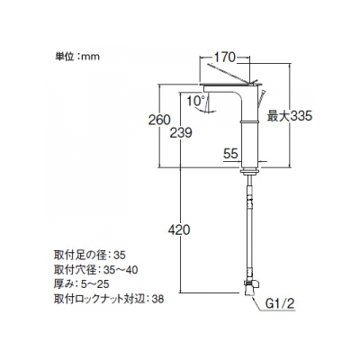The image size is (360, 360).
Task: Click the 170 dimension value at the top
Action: [x=225, y=57]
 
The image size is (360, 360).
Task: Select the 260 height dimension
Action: [x=159, y=120]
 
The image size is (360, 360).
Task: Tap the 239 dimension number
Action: [x=181, y=132]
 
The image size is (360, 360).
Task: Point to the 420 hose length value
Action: [x=179, y=230]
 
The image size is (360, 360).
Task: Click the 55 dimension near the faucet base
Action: [x=230, y=154]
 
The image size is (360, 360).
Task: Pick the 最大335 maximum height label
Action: [x=290, y=116]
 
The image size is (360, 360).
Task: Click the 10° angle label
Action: [x=195, y=101]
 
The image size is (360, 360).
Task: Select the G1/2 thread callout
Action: [x=280, y=304]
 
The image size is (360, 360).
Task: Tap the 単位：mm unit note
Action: [x=77, y=57]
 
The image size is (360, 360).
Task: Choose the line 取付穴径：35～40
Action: [x=96, y=270]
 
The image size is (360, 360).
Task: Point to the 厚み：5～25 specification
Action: [x=82, y=283]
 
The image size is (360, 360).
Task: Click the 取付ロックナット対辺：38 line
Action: [x=109, y=299]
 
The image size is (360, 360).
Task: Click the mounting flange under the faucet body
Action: [x=249, y=171]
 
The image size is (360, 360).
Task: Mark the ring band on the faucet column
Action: [x=250, y=121]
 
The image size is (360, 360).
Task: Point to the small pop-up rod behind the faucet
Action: [x=262, y=97]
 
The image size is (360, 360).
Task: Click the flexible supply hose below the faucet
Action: [x=249, y=227]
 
